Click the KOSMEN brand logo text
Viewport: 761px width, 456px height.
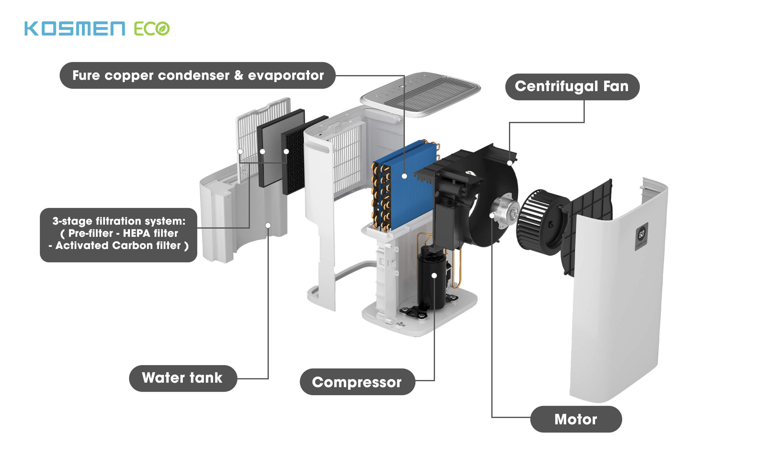[75, 29]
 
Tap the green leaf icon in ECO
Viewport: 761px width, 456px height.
[163, 29]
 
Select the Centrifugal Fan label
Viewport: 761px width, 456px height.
[572, 87]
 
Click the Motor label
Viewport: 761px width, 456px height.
[576, 419]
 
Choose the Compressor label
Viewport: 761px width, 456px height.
[357, 382]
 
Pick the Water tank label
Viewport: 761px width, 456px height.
[182, 378]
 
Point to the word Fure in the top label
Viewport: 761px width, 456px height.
[86, 76]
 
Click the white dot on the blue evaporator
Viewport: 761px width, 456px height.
[405, 176]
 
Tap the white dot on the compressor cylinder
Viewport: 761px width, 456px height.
[434, 276]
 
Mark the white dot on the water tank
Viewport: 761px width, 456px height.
[268, 226]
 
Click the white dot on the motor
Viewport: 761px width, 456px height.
[492, 216]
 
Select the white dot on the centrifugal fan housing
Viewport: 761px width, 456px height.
[510, 163]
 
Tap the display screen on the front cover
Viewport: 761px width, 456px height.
[641, 235]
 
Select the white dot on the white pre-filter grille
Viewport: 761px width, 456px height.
[240, 151]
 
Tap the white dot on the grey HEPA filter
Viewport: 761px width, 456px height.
[262, 151]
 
